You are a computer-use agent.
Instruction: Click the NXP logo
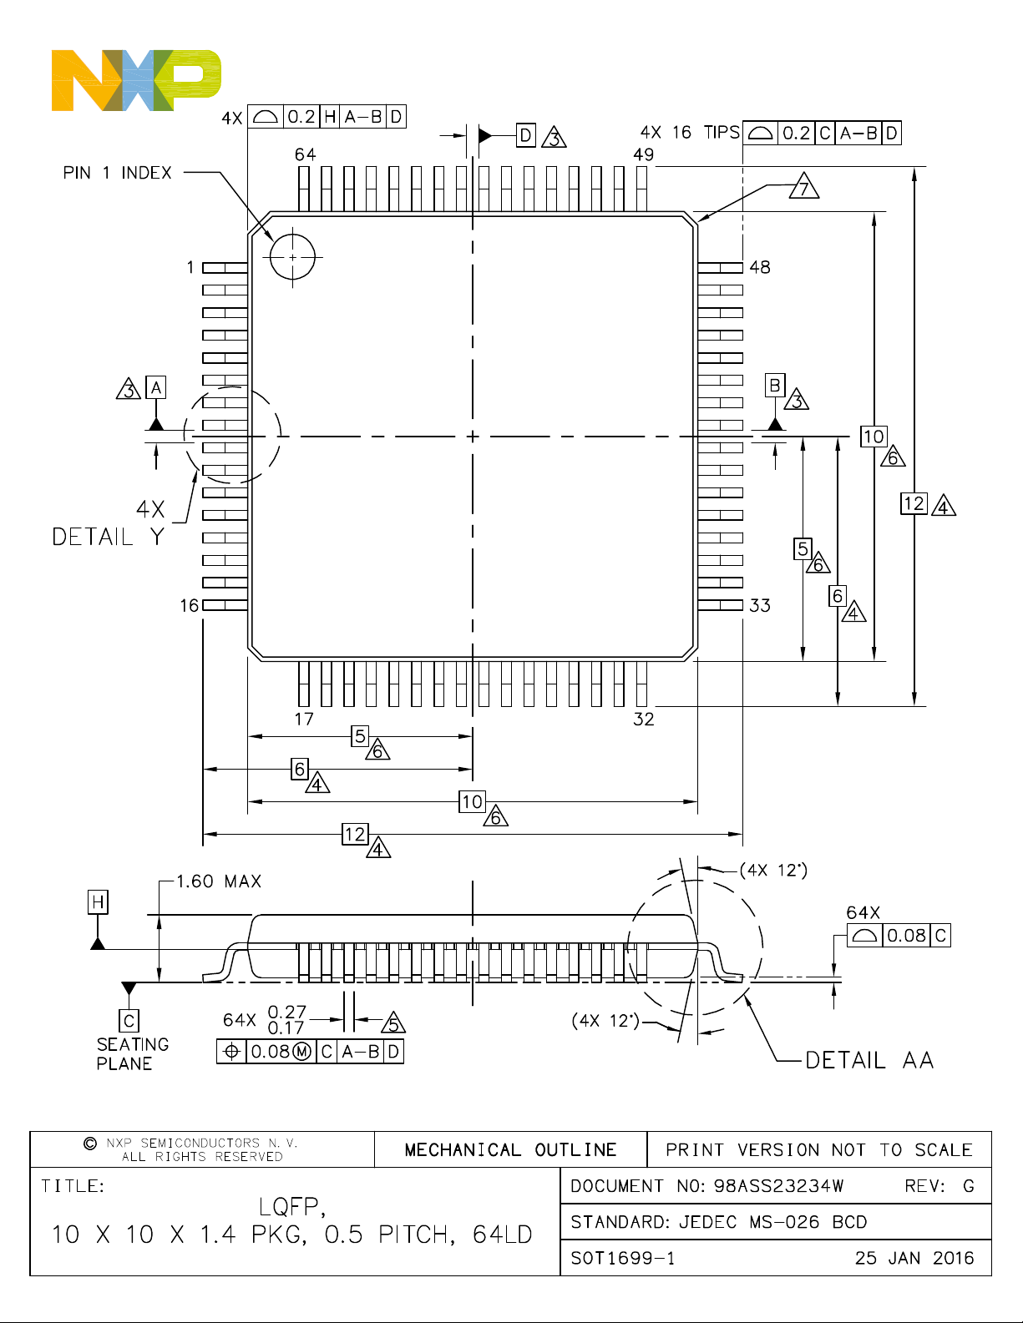tap(136, 80)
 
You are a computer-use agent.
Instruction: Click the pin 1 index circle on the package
tap(292, 235)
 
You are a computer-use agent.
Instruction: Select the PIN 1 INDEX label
tap(118, 173)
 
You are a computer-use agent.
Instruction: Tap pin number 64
tap(305, 154)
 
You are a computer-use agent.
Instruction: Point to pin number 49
tap(644, 154)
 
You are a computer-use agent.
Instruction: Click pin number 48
tap(760, 267)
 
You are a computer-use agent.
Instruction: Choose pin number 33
tap(760, 606)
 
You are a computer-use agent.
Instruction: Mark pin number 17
tap(304, 719)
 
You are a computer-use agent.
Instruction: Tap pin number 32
tap(644, 719)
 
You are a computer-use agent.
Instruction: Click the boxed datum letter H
tap(98, 901)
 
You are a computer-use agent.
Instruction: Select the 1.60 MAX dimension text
tap(219, 881)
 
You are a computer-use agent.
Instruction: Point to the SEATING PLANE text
tap(132, 1054)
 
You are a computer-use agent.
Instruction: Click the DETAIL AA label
tap(869, 1061)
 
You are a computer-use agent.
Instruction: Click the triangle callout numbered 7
tap(803, 187)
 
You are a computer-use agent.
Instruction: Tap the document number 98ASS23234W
tap(778, 1186)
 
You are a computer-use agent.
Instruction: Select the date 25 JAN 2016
tap(914, 1258)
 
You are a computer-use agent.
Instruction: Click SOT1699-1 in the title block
tap(623, 1259)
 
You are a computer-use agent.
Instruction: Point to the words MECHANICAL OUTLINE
tap(510, 1150)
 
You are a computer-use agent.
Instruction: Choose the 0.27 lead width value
tap(286, 1012)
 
